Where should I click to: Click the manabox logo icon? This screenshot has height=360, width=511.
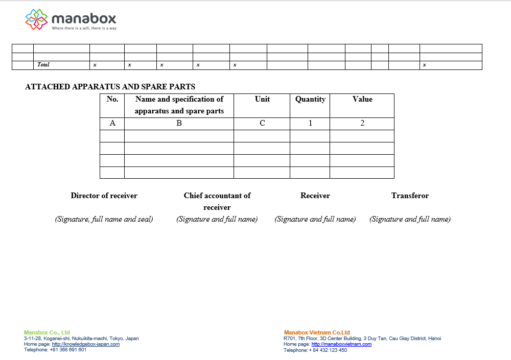[37, 19]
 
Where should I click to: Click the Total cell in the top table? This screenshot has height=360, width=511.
[43, 65]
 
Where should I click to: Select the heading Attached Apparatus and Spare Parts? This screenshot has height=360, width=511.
[110, 87]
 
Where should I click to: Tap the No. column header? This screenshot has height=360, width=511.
[112, 99]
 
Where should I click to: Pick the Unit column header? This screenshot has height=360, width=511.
[262, 99]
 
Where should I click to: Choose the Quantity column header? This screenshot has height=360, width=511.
[310, 99]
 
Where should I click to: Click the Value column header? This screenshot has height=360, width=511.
[362, 99]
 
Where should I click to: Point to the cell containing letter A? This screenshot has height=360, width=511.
[112, 123]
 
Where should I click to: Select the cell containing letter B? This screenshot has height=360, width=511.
[179, 123]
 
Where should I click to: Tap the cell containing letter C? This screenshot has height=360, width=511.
[262, 123]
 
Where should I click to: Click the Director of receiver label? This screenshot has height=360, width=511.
[104, 196]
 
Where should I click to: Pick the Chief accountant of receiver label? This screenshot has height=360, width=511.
[217, 201]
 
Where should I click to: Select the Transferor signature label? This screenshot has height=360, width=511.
[410, 196]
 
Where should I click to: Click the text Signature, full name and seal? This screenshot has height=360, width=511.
[104, 219]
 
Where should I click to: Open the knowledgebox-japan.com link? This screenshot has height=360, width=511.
[85, 344]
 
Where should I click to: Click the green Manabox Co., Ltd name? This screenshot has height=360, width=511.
[47, 332]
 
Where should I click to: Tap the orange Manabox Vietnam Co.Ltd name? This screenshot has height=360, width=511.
[317, 332]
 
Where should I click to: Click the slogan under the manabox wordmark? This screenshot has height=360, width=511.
[84, 28]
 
